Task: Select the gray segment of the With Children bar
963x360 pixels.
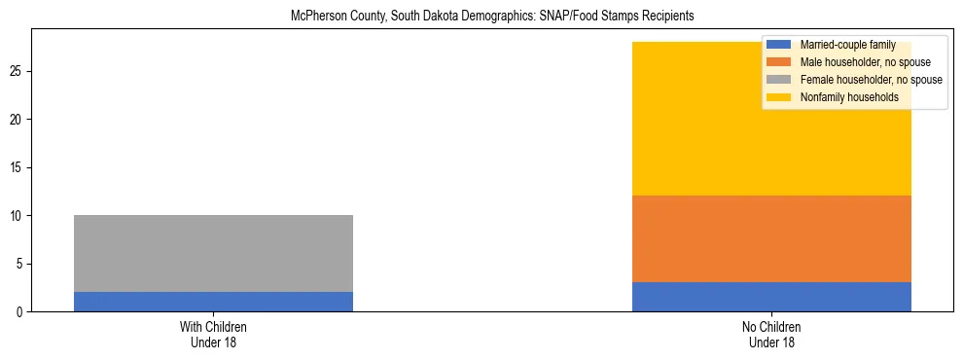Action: (213, 253)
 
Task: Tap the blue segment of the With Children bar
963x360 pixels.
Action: (213, 302)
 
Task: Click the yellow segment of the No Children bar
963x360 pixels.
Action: (771, 146)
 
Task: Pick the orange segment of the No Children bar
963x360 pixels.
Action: (771, 238)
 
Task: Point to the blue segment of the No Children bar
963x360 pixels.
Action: (771, 297)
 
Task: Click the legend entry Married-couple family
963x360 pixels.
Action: (842, 45)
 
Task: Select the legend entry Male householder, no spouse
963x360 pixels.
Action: (856, 62)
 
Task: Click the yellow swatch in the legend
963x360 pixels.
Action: (779, 97)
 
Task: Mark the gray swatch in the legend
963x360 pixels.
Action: (779, 80)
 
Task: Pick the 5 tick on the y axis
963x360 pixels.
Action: (20, 264)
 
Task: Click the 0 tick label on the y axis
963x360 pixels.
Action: (20, 311)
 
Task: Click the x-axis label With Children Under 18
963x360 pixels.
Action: (213, 334)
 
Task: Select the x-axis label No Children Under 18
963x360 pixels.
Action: (771, 334)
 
